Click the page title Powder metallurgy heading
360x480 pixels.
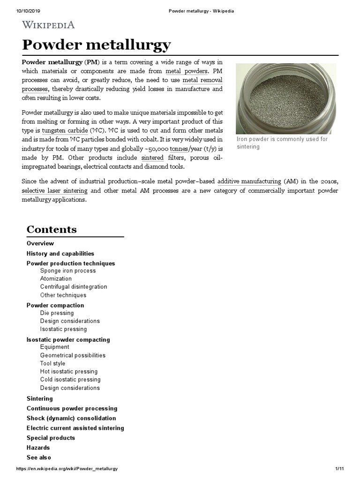click(97, 45)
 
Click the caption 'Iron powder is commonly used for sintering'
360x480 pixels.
click(282, 143)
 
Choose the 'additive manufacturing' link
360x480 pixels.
click(249, 181)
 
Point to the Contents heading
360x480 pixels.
click(52, 229)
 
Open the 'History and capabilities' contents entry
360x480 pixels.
click(60, 254)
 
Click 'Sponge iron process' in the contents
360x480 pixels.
click(68, 271)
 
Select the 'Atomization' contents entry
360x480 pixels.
click(56, 279)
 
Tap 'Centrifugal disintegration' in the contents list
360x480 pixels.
click(74, 287)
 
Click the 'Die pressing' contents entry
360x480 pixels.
click(57, 313)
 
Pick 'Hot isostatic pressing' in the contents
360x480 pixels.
click(69, 372)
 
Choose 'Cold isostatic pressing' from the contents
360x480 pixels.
click(70, 380)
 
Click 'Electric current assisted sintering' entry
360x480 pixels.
click(75, 428)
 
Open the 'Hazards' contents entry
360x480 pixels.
click(38, 448)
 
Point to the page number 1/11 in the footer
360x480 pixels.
click(340, 469)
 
